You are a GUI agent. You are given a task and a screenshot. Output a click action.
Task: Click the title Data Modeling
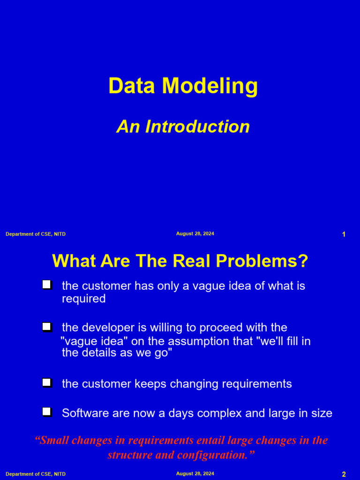183,86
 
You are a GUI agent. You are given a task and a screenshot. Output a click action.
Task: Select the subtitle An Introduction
183,127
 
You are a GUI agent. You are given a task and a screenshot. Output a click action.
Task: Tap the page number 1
344,234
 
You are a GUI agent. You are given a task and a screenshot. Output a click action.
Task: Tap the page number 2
344,474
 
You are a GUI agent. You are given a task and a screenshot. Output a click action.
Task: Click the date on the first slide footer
195,233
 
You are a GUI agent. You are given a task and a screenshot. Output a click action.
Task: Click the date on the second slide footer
195,473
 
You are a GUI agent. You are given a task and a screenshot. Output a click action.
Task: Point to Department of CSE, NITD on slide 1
36,234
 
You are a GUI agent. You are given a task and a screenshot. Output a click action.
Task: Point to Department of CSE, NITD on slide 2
36,474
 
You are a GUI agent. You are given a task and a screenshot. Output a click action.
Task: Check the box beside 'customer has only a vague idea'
46,285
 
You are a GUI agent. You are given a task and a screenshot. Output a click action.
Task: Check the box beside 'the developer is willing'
46,326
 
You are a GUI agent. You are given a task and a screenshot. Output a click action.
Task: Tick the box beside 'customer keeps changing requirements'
46,382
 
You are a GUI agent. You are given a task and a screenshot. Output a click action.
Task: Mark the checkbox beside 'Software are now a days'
46,412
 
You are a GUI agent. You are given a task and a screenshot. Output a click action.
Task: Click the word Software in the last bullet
83,413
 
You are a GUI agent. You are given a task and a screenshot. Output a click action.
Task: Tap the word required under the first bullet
83,299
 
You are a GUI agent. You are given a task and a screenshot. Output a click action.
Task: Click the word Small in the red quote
53,441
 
